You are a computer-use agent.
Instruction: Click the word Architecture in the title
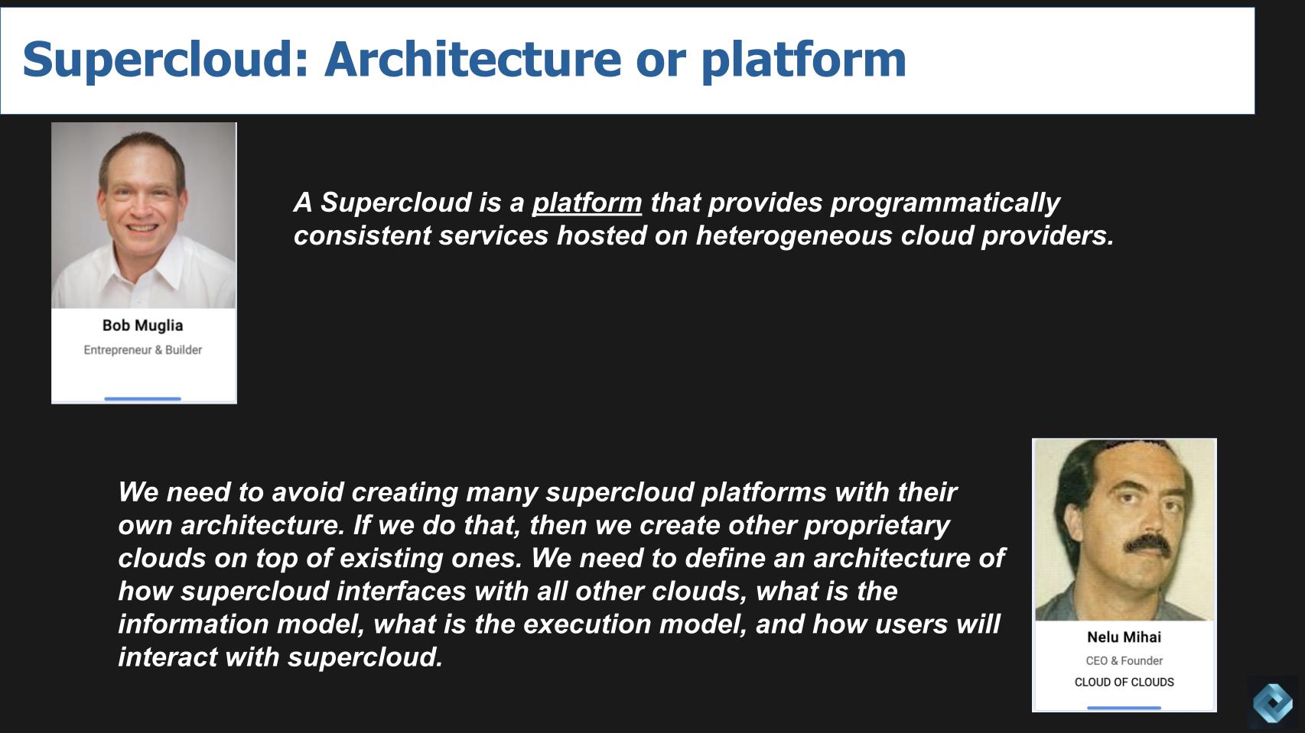coord(472,60)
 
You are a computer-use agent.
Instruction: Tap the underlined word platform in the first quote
coord(587,203)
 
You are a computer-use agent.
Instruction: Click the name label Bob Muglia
coord(143,326)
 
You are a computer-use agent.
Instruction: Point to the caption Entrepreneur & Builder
coord(143,350)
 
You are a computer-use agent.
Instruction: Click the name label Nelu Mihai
coord(1124,637)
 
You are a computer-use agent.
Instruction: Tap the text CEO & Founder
coord(1124,660)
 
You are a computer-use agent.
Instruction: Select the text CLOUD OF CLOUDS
coord(1124,682)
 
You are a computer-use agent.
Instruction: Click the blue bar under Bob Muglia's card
coord(143,398)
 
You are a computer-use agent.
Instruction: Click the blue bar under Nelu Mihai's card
coord(1124,708)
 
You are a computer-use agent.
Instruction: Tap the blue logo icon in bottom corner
coord(1273,702)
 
